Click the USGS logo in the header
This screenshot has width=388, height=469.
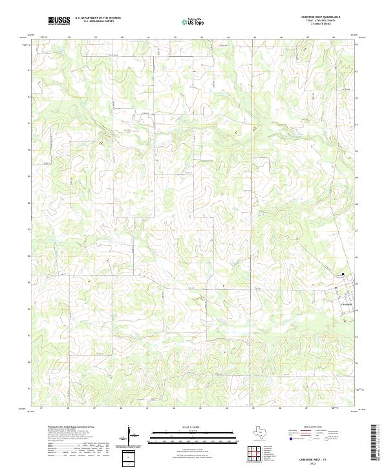(59, 21)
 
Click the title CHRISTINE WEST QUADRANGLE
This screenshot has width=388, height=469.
(320, 17)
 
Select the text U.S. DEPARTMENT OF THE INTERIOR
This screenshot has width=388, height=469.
(98, 17)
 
